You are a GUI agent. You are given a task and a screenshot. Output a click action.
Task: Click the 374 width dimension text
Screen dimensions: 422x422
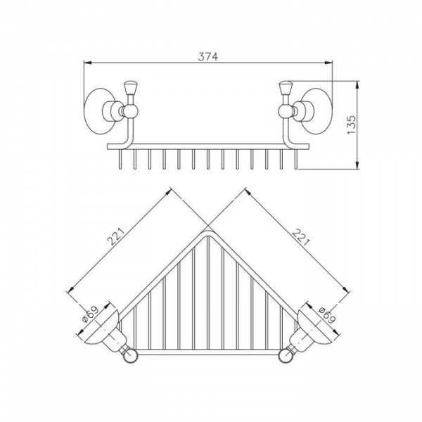click(x=207, y=56)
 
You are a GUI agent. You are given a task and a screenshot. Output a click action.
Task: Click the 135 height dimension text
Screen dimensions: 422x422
click(x=351, y=125)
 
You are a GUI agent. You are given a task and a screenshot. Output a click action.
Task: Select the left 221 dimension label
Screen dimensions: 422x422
click(x=116, y=236)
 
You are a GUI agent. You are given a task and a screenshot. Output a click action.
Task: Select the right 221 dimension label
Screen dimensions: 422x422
click(x=301, y=238)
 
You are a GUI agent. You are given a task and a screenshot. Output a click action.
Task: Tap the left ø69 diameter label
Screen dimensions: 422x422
click(x=90, y=314)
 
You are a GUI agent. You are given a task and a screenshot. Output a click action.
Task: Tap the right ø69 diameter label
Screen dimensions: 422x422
click(x=327, y=315)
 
